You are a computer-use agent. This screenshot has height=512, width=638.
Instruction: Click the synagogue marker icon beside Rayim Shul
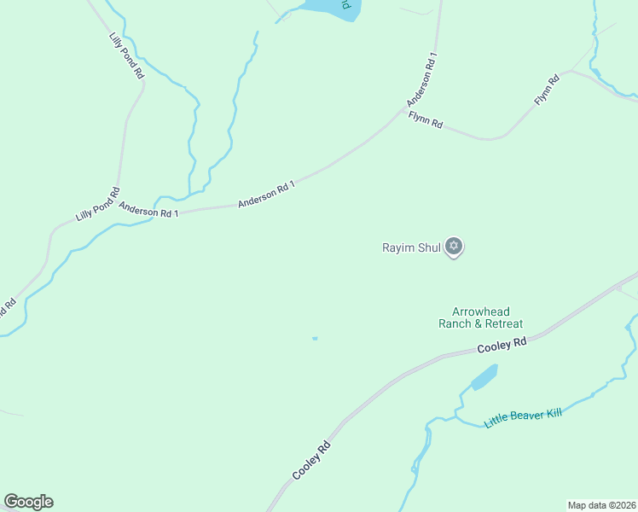[454, 247]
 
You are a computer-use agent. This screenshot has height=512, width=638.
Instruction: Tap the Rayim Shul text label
[410, 248]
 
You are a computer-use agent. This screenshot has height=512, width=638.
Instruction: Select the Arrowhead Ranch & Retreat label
[480, 318]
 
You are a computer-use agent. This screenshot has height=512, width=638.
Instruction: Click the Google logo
[28, 502]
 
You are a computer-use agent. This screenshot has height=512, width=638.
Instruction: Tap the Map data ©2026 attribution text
[600, 504]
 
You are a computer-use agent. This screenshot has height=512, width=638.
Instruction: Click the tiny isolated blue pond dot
[315, 339]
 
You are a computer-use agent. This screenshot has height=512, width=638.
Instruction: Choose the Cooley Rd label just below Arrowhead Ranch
[502, 345]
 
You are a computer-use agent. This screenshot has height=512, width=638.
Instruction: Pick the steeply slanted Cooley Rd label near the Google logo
[310, 461]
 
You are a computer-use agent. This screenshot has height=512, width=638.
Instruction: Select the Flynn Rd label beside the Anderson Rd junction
[425, 120]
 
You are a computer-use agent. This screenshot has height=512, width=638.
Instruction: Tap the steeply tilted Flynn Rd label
[547, 90]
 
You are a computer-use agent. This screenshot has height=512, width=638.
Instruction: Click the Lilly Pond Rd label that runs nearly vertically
[127, 56]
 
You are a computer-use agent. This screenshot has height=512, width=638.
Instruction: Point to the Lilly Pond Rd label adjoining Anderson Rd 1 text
[97, 204]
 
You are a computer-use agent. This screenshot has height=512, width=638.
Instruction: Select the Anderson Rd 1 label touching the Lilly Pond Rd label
[148, 208]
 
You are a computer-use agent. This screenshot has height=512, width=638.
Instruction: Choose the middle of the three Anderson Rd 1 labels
[266, 194]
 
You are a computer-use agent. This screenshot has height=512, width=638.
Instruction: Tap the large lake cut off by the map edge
[328, 7]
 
